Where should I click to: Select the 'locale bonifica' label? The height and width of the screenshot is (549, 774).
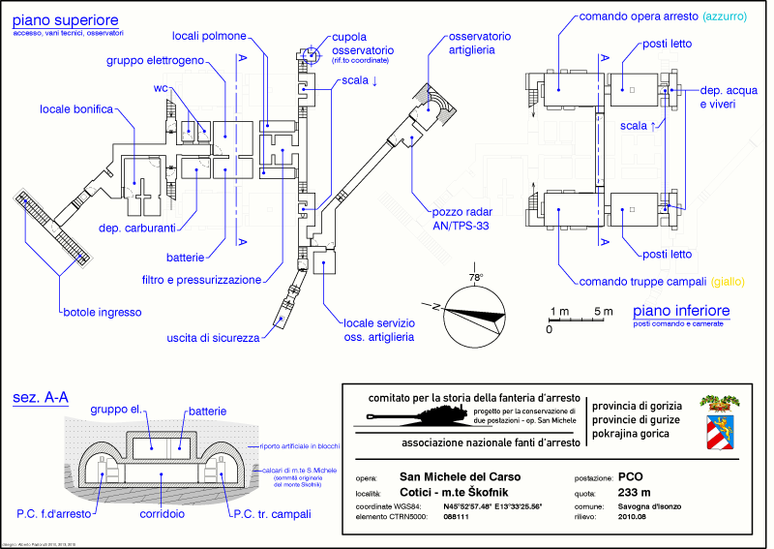(76, 109)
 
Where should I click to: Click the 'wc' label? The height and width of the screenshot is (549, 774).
(161, 88)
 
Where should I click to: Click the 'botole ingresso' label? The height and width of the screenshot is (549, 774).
(103, 312)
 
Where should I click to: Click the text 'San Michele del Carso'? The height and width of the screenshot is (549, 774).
(460, 477)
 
